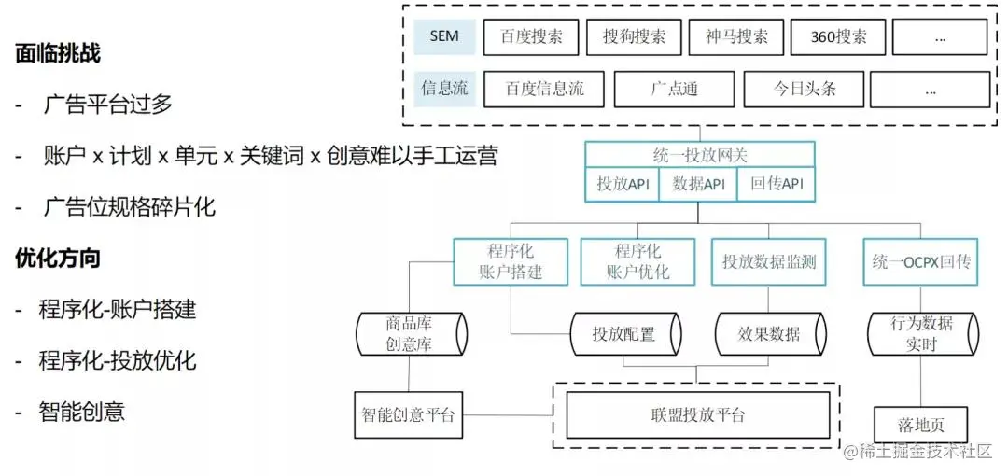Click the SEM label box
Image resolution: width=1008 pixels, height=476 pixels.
[x=444, y=37]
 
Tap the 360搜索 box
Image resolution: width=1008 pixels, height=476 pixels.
[x=834, y=37]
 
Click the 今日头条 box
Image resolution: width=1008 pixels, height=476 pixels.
[x=804, y=90]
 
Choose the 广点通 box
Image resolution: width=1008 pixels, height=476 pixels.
[x=674, y=90]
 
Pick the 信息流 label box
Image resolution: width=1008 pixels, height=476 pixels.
[x=444, y=90]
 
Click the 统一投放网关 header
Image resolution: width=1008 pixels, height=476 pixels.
[x=699, y=154]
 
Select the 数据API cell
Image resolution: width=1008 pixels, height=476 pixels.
[x=698, y=184]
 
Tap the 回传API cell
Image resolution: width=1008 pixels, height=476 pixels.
[x=776, y=184]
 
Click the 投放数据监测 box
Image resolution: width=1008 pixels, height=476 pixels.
[x=769, y=262]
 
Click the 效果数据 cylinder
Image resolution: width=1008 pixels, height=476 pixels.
[x=769, y=333]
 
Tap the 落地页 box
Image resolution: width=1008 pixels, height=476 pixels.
[x=920, y=425]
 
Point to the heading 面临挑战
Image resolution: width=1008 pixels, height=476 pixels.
[x=58, y=54]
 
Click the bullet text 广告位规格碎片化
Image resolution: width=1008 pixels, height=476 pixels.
[x=129, y=206]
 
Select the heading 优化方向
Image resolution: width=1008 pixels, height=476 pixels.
[x=58, y=258]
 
